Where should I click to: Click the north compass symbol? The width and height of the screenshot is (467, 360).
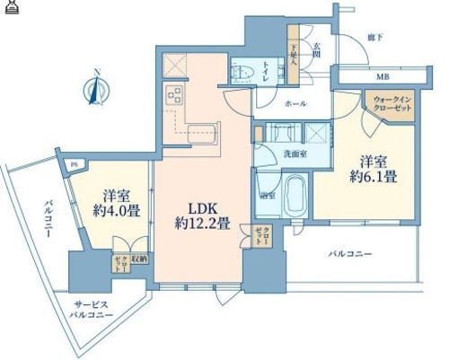pyautogui.click(x=96, y=89)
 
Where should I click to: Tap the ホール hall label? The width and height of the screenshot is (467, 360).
pyautogui.click(x=295, y=105)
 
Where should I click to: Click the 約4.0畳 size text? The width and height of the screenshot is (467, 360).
pyautogui.click(x=119, y=210)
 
